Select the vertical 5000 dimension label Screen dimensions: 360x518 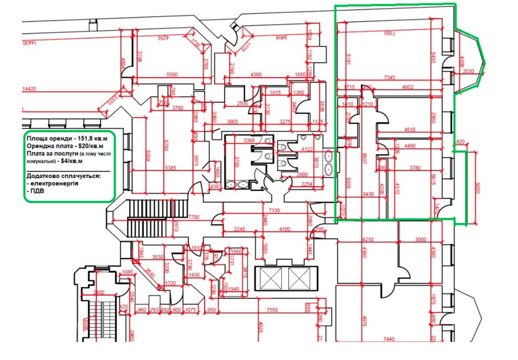point(478,188)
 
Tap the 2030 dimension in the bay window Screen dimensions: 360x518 point(468,71)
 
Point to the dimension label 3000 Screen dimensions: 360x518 point(420,239)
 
